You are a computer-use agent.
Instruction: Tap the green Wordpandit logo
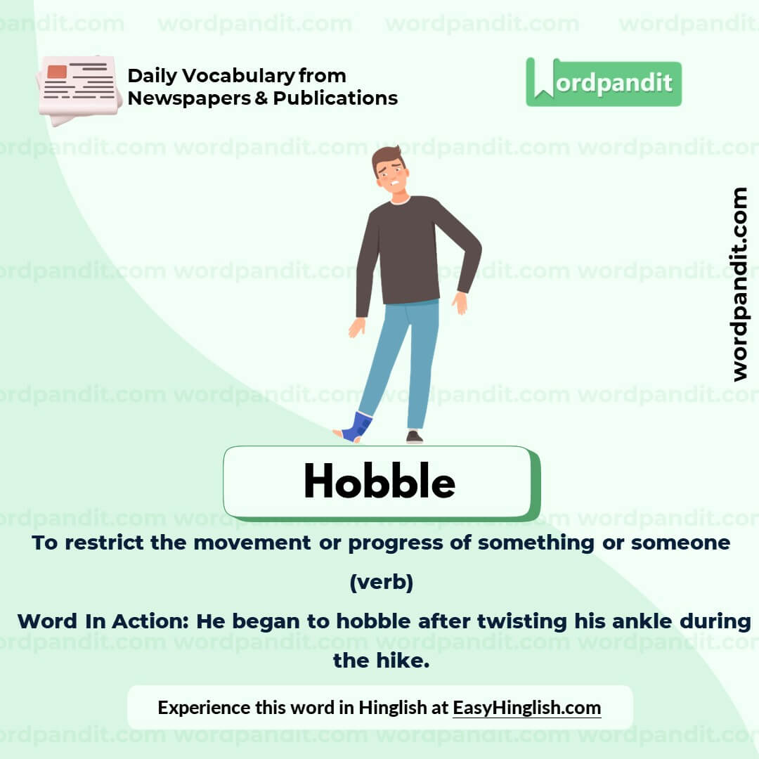point(604,83)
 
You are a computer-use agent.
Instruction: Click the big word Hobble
point(379,482)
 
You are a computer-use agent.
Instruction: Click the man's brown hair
point(388,155)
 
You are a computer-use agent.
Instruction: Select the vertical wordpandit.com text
point(739,284)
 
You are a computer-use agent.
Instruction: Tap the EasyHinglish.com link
point(526,707)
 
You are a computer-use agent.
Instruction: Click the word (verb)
point(381,583)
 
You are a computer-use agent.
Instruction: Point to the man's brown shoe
point(415,437)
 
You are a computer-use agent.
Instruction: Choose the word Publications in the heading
point(335,98)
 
